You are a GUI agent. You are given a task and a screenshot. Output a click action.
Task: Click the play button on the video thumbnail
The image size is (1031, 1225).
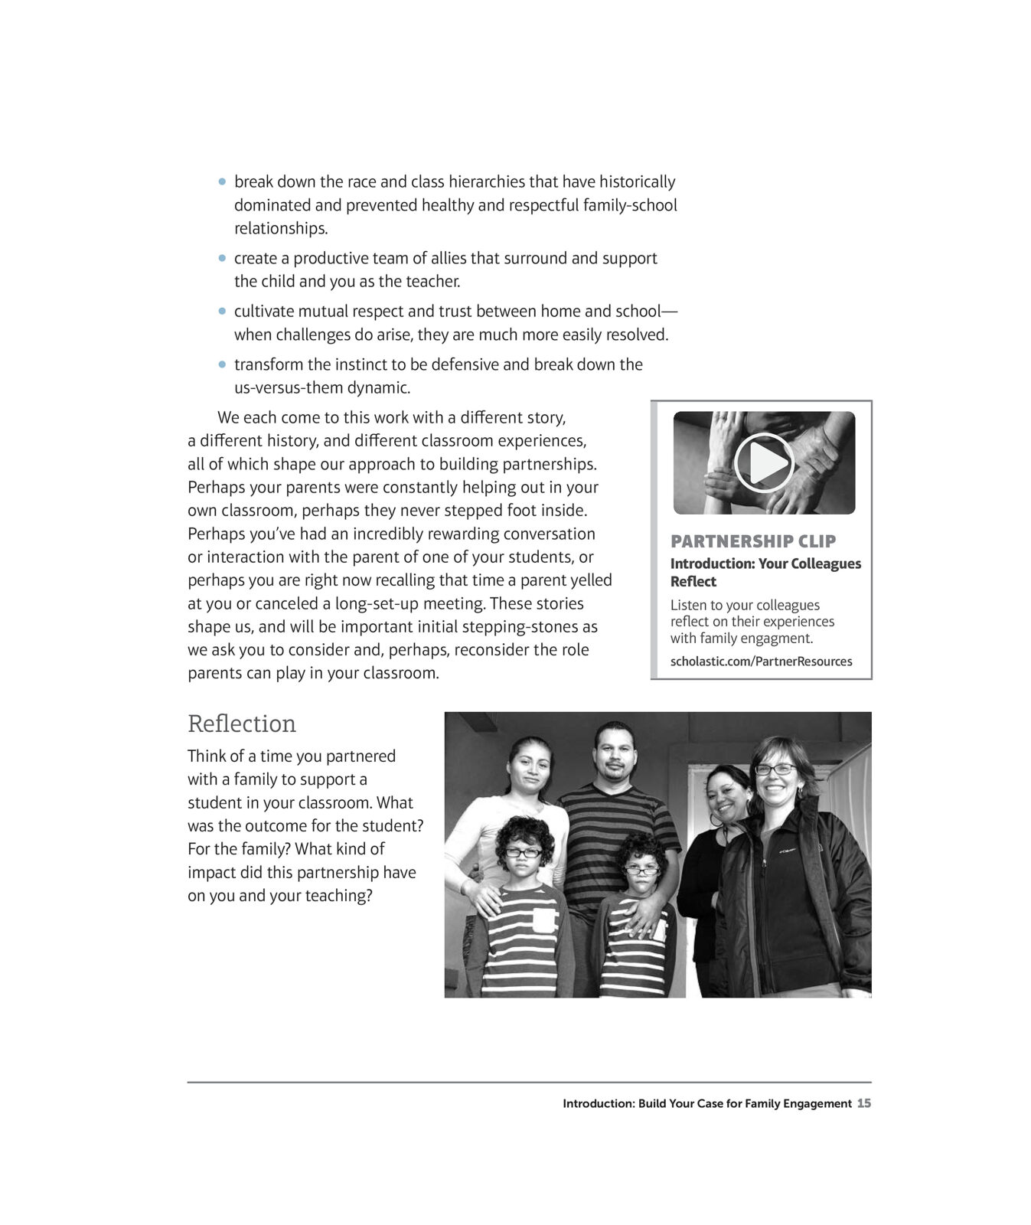pos(764,462)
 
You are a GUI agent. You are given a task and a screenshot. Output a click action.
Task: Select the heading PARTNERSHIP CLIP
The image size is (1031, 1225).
pos(753,541)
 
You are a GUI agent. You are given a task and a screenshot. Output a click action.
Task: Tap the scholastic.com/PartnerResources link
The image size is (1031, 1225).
pos(761,661)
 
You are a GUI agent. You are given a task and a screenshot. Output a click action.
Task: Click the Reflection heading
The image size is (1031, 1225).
pos(242,724)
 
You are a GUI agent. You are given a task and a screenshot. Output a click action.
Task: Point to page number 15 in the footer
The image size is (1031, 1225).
pos(864,1103)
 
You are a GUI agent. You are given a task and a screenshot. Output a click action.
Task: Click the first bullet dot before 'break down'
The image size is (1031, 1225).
pos(223,182)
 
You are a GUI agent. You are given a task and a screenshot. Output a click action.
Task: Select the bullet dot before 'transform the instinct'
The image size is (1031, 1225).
pos(223,365)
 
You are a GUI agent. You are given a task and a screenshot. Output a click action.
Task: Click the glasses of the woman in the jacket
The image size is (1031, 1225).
pos(775,769)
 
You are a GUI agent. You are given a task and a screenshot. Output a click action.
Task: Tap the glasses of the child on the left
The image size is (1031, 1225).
pos(524,851)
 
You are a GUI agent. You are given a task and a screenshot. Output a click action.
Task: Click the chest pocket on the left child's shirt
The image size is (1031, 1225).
pos(543,919)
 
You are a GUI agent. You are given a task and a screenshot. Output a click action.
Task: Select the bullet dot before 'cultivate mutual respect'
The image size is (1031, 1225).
pos(223,312)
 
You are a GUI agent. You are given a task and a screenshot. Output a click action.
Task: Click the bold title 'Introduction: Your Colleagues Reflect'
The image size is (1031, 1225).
pos(765,572)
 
